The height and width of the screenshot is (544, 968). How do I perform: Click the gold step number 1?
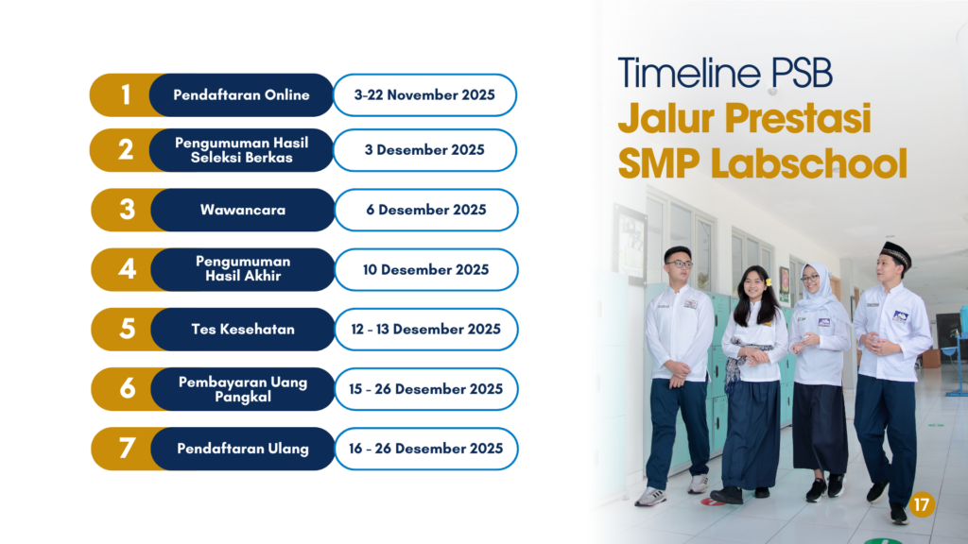point(126,95)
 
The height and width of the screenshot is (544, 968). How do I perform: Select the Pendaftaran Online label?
point(241,95)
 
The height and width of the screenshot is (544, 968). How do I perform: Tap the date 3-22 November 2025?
point(424,95)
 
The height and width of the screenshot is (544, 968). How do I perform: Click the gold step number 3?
point(128,210)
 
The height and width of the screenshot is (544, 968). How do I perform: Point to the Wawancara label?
point(243,210)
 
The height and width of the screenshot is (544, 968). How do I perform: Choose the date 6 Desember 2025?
point(426,210)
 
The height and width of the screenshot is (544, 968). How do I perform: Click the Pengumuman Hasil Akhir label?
point(243,268)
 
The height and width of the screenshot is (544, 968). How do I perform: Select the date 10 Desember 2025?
point(426,269)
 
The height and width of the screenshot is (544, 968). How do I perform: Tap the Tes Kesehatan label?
point(243,330)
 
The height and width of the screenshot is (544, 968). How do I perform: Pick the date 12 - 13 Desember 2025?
point(426,330)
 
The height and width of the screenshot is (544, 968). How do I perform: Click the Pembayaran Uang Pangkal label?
point(243,389)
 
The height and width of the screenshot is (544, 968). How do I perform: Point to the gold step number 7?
point(128,449)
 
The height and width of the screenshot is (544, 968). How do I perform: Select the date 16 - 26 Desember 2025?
point(426,449)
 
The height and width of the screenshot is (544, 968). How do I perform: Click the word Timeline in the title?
point(689,73)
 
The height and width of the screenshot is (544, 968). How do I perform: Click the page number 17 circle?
point(922,505)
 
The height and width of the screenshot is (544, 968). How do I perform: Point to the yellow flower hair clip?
point(769,282)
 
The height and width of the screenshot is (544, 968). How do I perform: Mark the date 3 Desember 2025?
point(424,150)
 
